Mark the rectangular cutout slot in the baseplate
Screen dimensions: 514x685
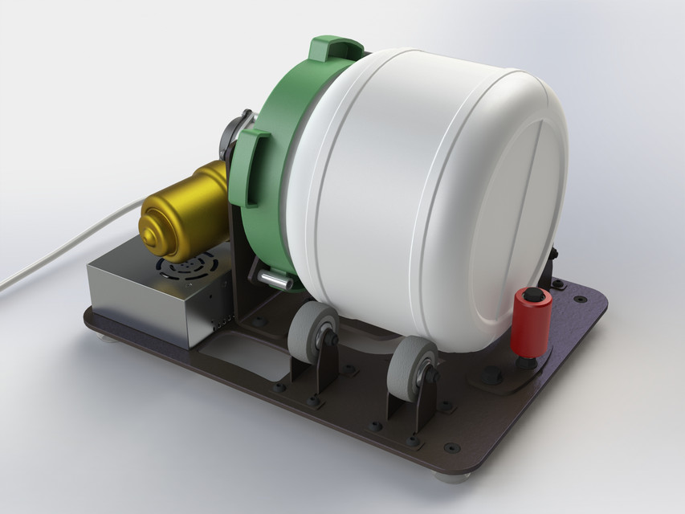[x=241, y=354]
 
